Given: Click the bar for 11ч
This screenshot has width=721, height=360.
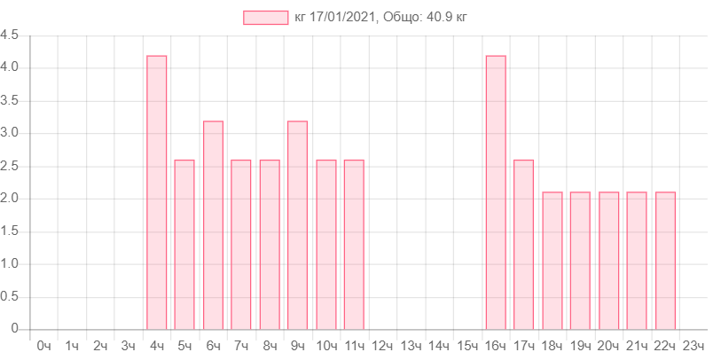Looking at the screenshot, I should click(354, 244).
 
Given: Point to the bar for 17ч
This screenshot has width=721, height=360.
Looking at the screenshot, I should click(523, 244).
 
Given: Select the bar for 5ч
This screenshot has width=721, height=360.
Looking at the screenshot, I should click(184, 244).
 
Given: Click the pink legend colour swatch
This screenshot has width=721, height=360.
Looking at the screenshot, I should click(265, 17).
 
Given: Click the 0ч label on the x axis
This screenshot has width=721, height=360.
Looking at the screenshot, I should click(43, 345).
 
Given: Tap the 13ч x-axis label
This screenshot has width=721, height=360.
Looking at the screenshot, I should click(411, 345).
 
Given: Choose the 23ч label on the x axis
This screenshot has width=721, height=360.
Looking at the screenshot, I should click(694, 345).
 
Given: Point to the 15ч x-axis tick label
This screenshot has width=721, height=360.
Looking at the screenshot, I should click(467, 345).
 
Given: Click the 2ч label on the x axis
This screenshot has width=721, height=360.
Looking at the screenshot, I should click(100, 345).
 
